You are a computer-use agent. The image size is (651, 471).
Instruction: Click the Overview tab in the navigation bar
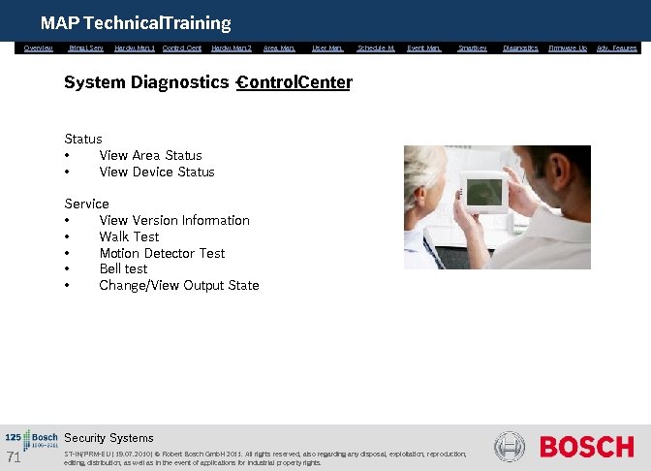click(x=39, y=47)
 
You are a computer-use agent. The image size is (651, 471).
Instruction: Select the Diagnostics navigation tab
click(x=520, y=47)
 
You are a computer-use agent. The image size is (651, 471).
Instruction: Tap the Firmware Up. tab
click(x=568, y=47)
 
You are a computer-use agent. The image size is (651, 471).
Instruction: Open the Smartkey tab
click(x=473, y=47)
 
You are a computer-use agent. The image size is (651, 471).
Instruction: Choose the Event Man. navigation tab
click(x=424, y=47)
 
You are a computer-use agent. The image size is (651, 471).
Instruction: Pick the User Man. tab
click(x=327, y=47)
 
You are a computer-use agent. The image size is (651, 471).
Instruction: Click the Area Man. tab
click(x=279, y=47)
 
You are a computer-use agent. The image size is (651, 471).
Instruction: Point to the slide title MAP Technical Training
click(x=136, y=22)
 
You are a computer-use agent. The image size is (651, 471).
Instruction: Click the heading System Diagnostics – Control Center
click(x=207, y=82)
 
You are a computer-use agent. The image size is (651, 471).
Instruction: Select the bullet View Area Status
click(x=150, y=155)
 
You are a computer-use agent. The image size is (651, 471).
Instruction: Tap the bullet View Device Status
click(x=157, y=172)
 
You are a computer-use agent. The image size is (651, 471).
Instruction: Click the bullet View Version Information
click(x=174, y=220)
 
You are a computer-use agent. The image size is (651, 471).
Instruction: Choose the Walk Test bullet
click(x=129, y=236)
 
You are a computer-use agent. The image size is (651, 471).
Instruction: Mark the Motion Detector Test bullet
click(x=162, y=253)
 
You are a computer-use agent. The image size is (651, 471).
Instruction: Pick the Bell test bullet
click(x=123, y=268)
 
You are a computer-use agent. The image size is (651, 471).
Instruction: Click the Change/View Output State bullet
click(x=179, y=285)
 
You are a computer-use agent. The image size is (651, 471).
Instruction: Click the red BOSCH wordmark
click(x=586, y=447)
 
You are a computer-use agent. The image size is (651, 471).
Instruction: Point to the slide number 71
click(x=14, y=457)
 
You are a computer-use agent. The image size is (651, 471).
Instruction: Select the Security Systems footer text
click(x=108, y=438)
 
